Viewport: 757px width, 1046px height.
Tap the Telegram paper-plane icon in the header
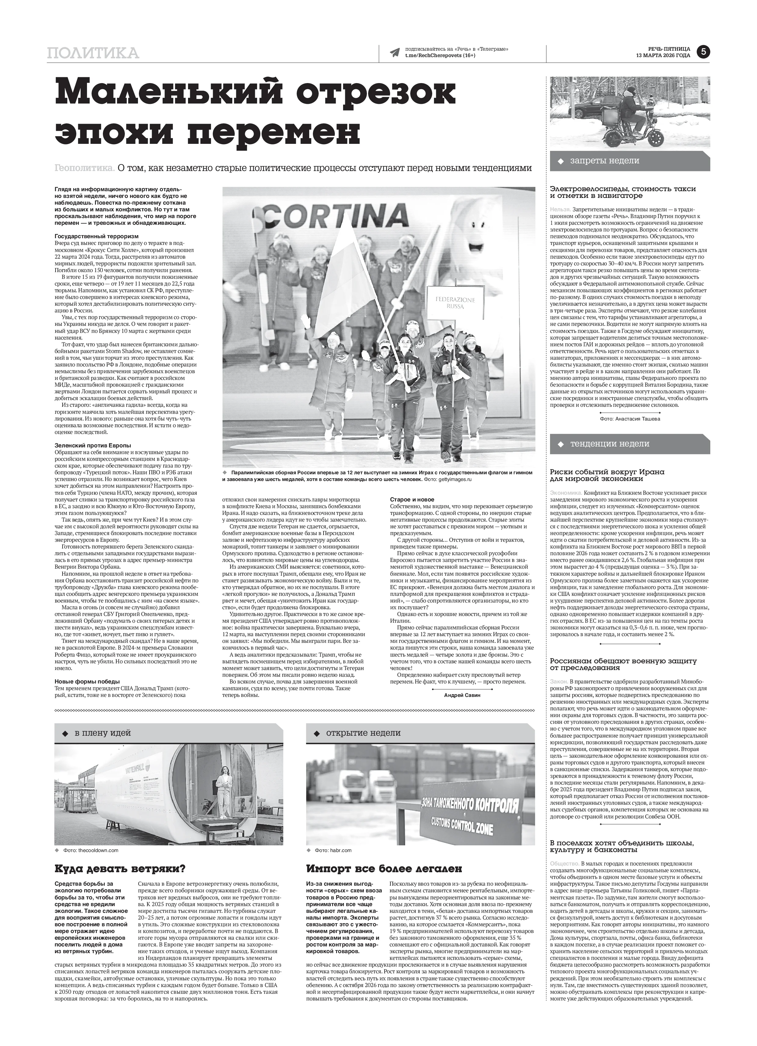coord(395,52)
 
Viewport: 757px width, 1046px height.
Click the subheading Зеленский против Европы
coord(93,446)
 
